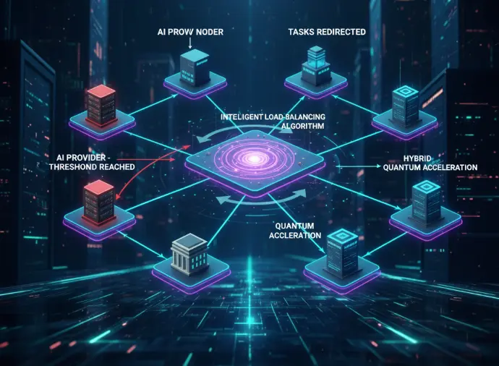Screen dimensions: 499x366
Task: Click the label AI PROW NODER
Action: (x=190, y=32)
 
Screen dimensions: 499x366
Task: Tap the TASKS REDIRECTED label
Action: (x=327, y=32)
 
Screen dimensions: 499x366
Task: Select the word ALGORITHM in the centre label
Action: (x=302, y=126)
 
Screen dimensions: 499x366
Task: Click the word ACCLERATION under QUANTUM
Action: (x=295, y=235)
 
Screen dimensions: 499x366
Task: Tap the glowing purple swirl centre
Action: (x=255, y=158)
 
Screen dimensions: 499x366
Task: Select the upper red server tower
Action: (x=101, y=105)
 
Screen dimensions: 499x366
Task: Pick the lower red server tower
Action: (x=98, y=202)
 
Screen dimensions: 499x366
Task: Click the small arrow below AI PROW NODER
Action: (x=190, y=43)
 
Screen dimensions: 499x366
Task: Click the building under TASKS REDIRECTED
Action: (x=316, y=66)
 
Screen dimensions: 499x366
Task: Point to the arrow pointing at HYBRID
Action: (x=359, y=166)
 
